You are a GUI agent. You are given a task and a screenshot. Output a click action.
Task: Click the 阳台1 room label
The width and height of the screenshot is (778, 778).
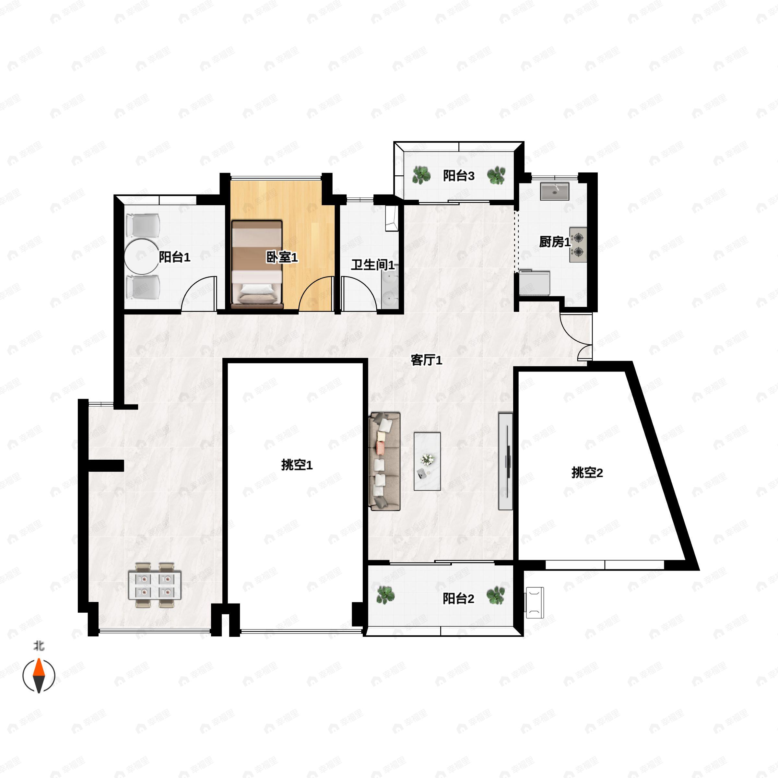click(x=174, y=257)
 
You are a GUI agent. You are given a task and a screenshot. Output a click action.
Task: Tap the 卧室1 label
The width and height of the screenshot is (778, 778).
click(x=282, y=257)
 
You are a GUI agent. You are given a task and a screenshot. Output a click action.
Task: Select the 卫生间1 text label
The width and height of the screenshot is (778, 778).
click(x=373, y=265)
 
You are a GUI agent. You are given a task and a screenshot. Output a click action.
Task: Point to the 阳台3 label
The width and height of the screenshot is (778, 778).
click(x=459, y=176)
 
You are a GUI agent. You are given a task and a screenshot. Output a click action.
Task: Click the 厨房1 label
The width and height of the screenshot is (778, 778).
click(x=555, y=242)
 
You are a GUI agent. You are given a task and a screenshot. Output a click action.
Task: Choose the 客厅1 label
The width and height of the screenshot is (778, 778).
click(x=427, y=360)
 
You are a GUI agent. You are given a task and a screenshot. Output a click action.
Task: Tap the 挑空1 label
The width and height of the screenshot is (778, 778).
click(x=297, y=465)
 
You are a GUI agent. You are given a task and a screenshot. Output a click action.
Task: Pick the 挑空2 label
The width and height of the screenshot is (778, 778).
click(x=587, y=472)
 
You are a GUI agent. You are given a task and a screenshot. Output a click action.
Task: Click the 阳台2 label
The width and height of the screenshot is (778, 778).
click(x=458, y=599)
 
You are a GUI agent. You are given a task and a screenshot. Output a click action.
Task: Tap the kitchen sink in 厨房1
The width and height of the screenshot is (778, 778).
click(x=555, y=191)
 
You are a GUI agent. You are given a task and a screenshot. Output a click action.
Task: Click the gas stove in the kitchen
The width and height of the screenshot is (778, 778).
click(x=578, y=245)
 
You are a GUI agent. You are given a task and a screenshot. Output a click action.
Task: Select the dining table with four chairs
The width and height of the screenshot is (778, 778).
click(x=155, y=585)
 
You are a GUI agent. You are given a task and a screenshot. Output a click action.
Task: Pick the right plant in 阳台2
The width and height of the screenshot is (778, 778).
click(x=496, y=595)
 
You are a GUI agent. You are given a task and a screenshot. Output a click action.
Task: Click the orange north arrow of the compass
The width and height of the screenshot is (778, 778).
click(x=39, y=667)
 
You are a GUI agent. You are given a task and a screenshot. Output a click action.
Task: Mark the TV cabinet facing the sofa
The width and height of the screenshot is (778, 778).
click(x=506, y=461)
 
